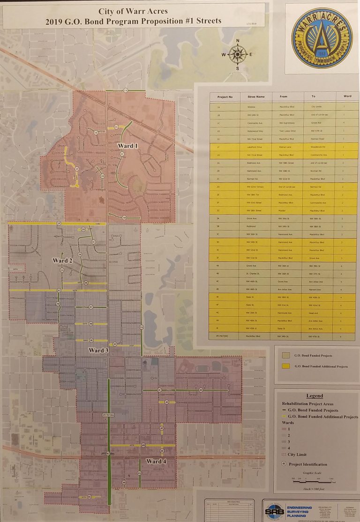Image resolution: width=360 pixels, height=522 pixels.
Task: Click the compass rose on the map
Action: pos(238,54)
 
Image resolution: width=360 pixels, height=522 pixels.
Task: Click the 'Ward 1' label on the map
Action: pos(127,146)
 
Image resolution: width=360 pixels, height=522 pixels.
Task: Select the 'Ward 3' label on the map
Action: pos(98,350)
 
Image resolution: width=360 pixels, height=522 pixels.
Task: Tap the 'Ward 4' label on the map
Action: pos(156,462)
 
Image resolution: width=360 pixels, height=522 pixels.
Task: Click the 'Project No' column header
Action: pos(225,97)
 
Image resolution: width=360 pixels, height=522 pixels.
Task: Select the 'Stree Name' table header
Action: pos(256,97)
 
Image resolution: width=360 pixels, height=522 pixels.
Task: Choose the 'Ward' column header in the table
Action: pos(347,96)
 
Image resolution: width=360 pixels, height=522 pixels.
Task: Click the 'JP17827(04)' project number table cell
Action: pos(225,336)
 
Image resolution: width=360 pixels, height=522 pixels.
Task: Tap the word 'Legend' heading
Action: pos(314,396)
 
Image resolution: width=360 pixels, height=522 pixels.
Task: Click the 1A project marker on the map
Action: pos(125,90)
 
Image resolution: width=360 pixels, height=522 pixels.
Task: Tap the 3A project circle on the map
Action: pos(142,326)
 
